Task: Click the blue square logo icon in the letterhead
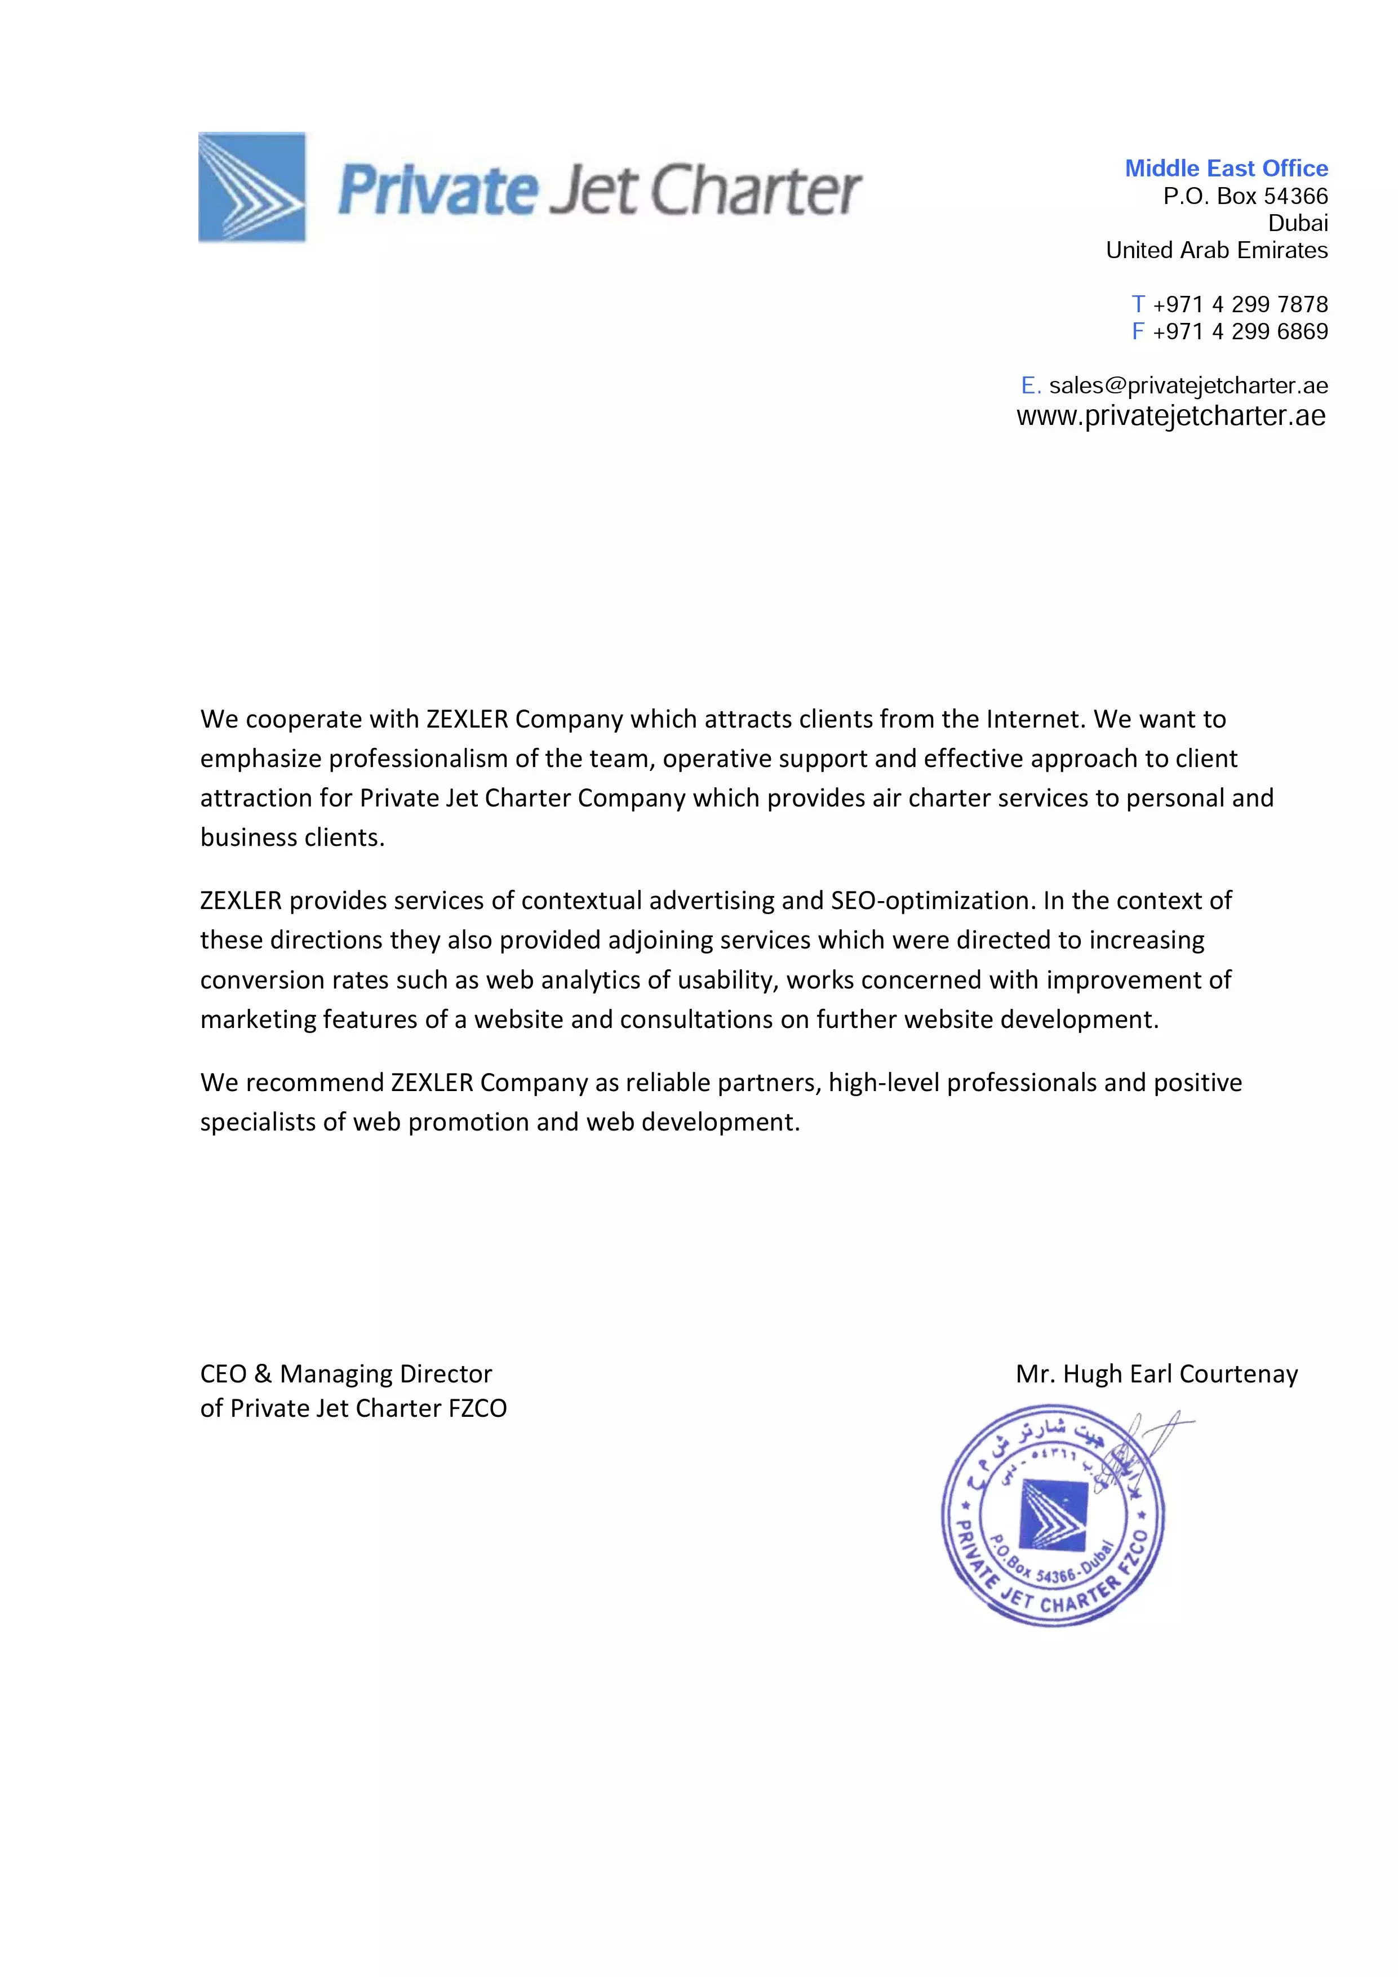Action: click(251, 187)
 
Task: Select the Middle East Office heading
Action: click(1226, 168)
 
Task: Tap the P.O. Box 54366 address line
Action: click(1245, 196)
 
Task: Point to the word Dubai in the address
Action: click(1297, 223)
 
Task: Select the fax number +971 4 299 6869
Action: click(1240, 331)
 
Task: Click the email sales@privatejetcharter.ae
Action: click(1188, 385)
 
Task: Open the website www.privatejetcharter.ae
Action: click(1171, 416)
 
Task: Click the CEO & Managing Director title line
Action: click(346, 1373)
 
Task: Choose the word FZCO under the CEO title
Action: click(478, 1408)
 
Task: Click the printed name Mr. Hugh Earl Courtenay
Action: click(1156, 1373)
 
